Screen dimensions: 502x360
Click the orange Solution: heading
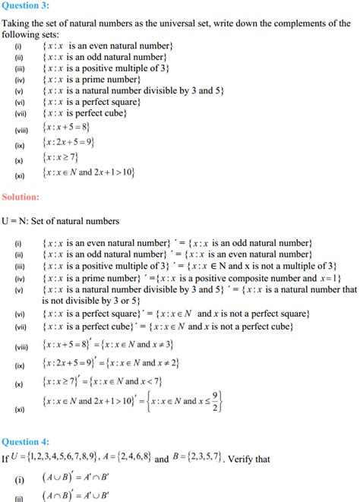click(x=21, y=197)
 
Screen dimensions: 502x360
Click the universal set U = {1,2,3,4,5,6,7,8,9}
click(x=66, y=457)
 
